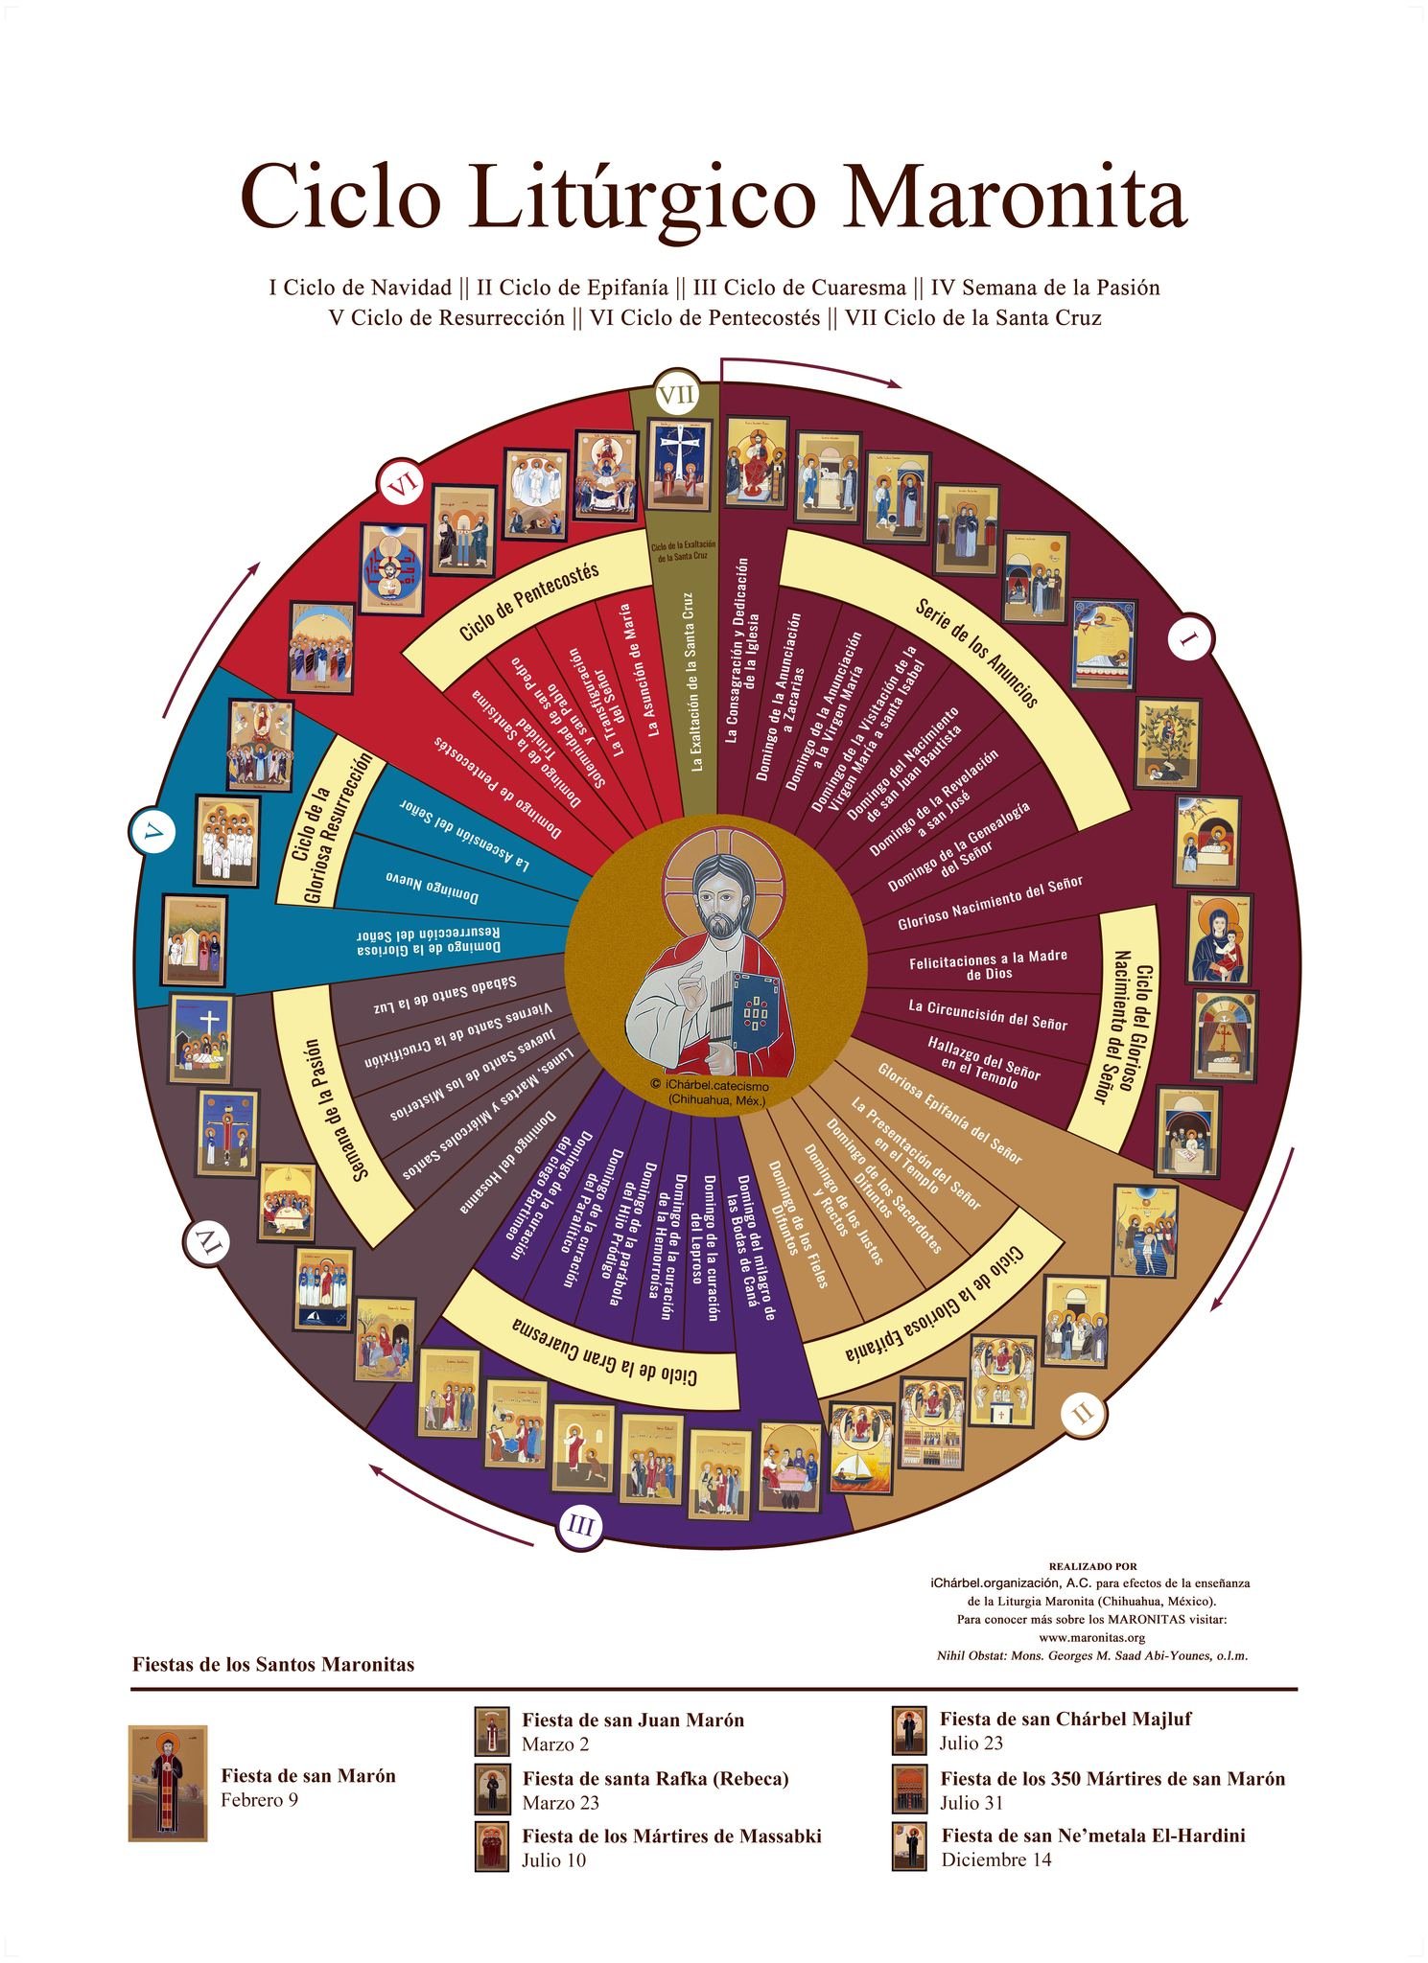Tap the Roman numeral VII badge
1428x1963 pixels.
pos(675,394)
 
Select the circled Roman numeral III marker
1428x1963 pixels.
pos(580,1525)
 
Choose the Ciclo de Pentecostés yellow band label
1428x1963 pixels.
pos(528,601)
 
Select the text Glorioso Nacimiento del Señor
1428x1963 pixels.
pos(990,902)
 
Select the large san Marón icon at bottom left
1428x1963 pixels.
pos(168,1784)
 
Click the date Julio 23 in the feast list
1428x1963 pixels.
pos(971,1744)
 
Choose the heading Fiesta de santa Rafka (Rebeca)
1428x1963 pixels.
pos(655,1778)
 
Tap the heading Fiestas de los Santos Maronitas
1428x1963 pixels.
pos(273,1664)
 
